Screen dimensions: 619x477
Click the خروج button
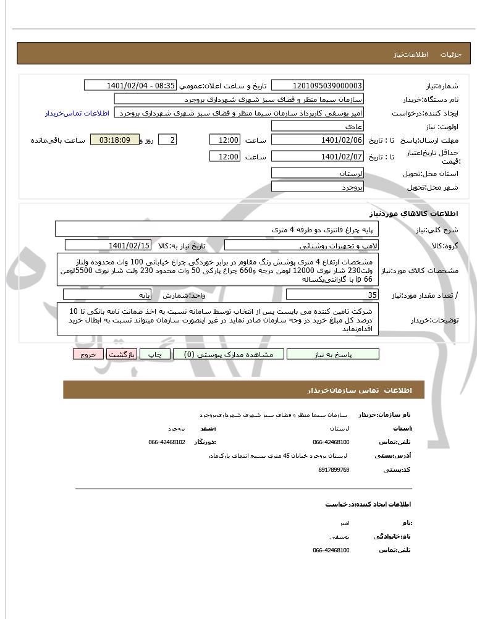(x=88, y=354)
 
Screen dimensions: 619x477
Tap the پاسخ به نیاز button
(x=333, y=354)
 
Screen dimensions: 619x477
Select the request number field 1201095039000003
(x=318, y=85)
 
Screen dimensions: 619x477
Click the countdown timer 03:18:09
(x=114, y=140)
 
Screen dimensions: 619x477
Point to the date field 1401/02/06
(x=318, y=140)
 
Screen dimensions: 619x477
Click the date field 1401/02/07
(x=318, y=157)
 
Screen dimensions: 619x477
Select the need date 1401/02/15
(x=129, y=246)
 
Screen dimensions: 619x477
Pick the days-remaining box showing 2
(x=167, y=140)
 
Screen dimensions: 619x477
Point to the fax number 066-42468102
(x=167, y=442)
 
